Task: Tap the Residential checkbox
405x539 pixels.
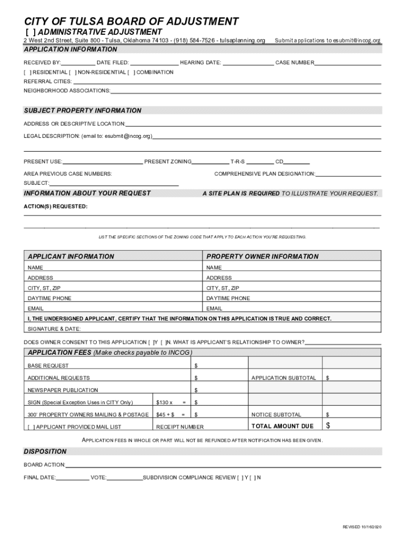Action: (x=27, y=72)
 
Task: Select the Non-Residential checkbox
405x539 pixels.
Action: (x=73, y=72)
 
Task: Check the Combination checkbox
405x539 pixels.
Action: (x=131, y=72)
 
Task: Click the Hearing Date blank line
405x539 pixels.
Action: (x=248, y=63)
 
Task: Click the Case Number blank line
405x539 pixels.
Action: (x=348, y=63)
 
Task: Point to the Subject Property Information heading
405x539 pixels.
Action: (x=83, y=111)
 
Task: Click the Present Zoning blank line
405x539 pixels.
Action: (x=210, y=162)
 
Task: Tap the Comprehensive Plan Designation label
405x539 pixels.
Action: (x=265, y=174)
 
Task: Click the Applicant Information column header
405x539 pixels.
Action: (x=70, y=256)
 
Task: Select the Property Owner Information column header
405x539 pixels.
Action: (x=262, y=256)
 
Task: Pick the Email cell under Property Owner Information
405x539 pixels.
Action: (x=292, y=308)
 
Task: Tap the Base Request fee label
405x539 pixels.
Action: (x=48, y=365)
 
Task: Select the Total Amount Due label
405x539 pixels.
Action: (x=282, y=426)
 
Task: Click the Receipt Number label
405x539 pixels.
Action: (x=180, y=427)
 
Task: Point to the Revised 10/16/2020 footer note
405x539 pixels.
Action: (x=361, y=527)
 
